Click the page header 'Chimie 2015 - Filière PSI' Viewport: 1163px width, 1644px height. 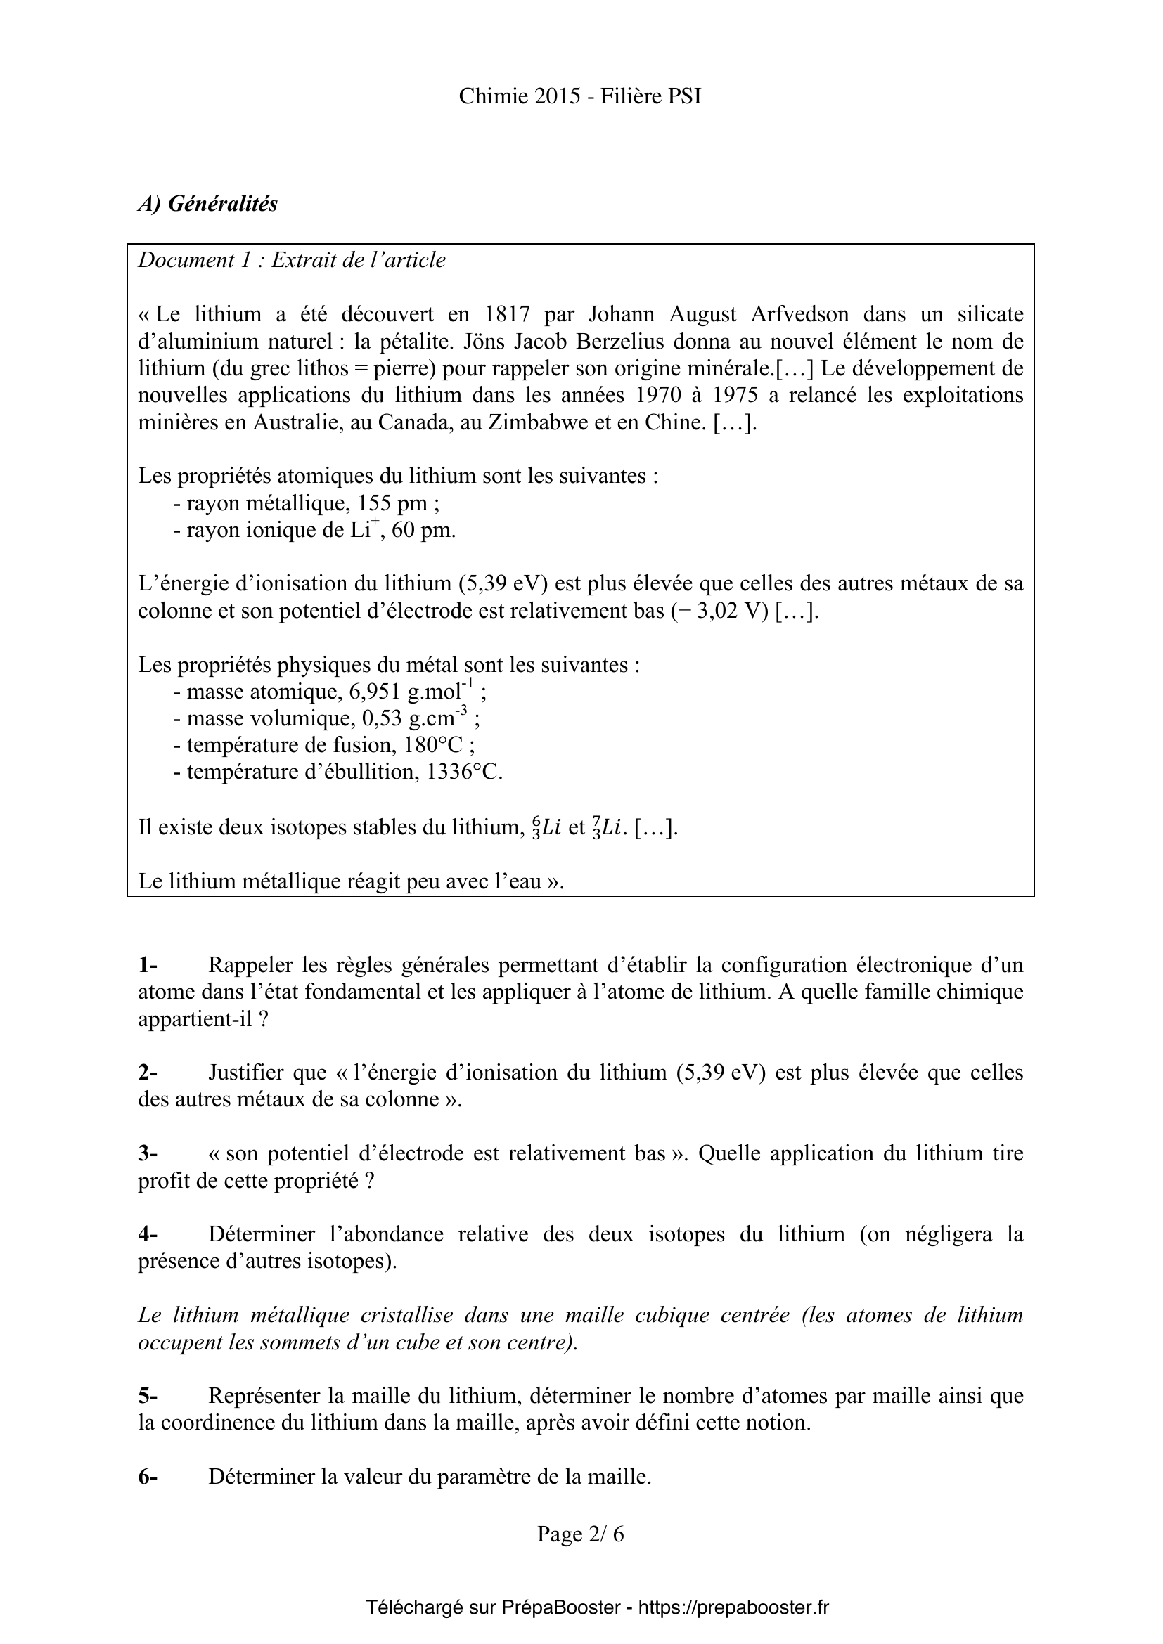(580, 97)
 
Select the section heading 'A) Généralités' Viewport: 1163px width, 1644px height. (207, 204)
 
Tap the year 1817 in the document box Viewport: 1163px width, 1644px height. (507, 314)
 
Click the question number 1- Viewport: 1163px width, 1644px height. (148, 965)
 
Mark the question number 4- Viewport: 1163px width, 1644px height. (148, 1234)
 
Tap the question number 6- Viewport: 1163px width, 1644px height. (148, 1477)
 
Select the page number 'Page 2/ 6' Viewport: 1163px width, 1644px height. (581, 1534)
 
